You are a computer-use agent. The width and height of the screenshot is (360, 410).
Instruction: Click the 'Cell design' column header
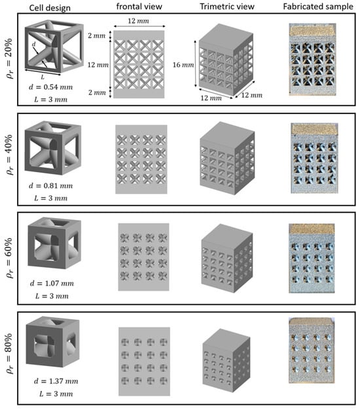point(50,8)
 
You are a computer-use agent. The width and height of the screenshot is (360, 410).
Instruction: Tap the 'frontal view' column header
point(139,7)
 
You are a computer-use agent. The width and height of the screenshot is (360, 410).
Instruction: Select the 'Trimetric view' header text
point(227,7)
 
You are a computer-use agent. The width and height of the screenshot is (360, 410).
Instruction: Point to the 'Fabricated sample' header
point(318,7)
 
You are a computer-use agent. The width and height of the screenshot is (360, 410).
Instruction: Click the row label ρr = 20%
point(9,58)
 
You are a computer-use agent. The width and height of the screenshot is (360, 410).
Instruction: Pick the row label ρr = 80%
point(9,353)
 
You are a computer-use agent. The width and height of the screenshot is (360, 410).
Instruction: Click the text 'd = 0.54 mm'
point(50,87)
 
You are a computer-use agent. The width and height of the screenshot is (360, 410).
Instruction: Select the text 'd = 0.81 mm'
point(50,185)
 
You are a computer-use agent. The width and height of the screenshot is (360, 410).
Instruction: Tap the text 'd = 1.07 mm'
point(52,283)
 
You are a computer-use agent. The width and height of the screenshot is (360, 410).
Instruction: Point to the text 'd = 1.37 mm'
point(56,381)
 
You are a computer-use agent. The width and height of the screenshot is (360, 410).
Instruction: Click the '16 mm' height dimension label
point(183,65)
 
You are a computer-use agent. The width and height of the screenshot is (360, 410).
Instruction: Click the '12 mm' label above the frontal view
point(138,21)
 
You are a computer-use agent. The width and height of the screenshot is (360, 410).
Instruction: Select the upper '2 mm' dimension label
point(96,35)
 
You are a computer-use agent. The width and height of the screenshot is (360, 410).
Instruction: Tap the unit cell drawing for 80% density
point(53,342)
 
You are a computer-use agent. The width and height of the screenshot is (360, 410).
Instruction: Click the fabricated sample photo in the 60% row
point(312,258)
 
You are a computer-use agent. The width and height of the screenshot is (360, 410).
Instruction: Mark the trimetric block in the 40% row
point(227,158)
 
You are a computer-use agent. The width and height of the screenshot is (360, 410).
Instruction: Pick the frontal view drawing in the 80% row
point(144,362)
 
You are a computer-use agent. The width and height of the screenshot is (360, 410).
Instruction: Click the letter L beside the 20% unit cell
point(43,77)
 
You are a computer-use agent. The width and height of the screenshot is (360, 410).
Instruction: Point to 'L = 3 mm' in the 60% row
point(52,296)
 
